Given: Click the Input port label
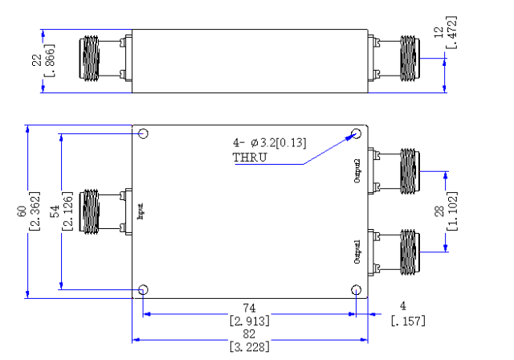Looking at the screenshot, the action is tap(141, 211).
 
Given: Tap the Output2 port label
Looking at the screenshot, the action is tap(357, 171).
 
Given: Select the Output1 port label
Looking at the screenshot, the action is tap(357, 252).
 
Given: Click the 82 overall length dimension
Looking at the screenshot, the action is tap(249, 333).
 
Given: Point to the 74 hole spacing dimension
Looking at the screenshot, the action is tap(249, 308).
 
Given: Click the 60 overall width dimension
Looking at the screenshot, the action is tap(22, 211).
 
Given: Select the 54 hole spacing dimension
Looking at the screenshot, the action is tap(55, 211).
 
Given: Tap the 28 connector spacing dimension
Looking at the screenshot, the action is tap(439, 211).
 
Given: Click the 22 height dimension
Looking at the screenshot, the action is tap(37, 60).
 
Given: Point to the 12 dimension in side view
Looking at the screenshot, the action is tap(439, 32).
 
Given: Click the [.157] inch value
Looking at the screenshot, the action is tap(408, 321).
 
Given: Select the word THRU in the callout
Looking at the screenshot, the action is tap(250, 157).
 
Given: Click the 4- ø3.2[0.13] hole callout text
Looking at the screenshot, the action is tap(270, 143).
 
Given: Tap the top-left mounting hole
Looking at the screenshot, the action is tap(143, 133).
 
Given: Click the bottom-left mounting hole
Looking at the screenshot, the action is tap(143, 290).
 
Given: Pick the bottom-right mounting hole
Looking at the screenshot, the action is tap(357, 290).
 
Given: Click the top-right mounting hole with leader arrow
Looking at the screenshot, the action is tap(357, 133).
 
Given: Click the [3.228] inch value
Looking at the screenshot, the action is tap(250, 346).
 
